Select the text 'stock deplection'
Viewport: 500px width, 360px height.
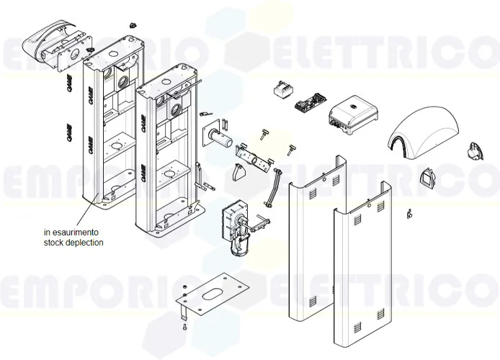(73, 243)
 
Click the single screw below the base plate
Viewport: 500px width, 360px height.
(187, 328)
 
